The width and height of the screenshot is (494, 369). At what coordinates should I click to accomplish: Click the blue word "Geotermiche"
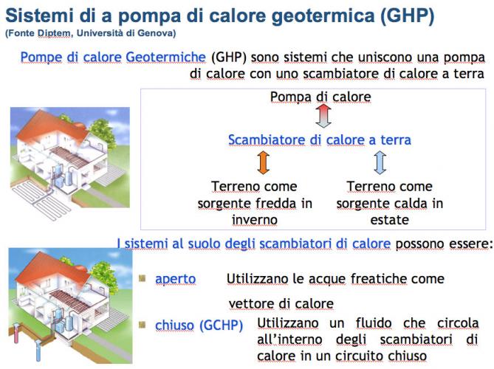click(x=165, y=58)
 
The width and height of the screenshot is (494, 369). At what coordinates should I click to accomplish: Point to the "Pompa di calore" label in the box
click(x=320, y=97)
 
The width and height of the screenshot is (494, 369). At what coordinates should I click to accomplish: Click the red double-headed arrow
click(x=323, y=116)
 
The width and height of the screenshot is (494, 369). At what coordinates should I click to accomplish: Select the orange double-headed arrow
click(x=263, y=162)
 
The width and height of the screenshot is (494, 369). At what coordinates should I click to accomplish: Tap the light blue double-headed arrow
click(x=380, y=162)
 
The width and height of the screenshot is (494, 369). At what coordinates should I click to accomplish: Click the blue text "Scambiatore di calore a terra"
click(x=320, y=139)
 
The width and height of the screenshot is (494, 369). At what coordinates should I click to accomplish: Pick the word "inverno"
click(x=255, y=219)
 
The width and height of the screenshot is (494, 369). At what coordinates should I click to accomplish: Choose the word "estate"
click(x=389, y=219)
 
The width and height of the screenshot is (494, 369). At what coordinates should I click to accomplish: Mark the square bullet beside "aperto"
click(x=142, y=278)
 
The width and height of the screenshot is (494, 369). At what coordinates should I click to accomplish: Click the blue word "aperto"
click(x=176, y=279)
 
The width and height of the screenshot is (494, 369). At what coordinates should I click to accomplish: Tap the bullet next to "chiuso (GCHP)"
click(x=142, y=324)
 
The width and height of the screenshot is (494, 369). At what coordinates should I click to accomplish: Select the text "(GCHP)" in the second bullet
click(x=222, y=325)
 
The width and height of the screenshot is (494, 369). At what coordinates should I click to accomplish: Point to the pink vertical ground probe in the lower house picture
click(x=16, y=334)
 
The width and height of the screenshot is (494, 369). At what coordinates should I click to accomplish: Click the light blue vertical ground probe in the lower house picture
click(x=38, y=350)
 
